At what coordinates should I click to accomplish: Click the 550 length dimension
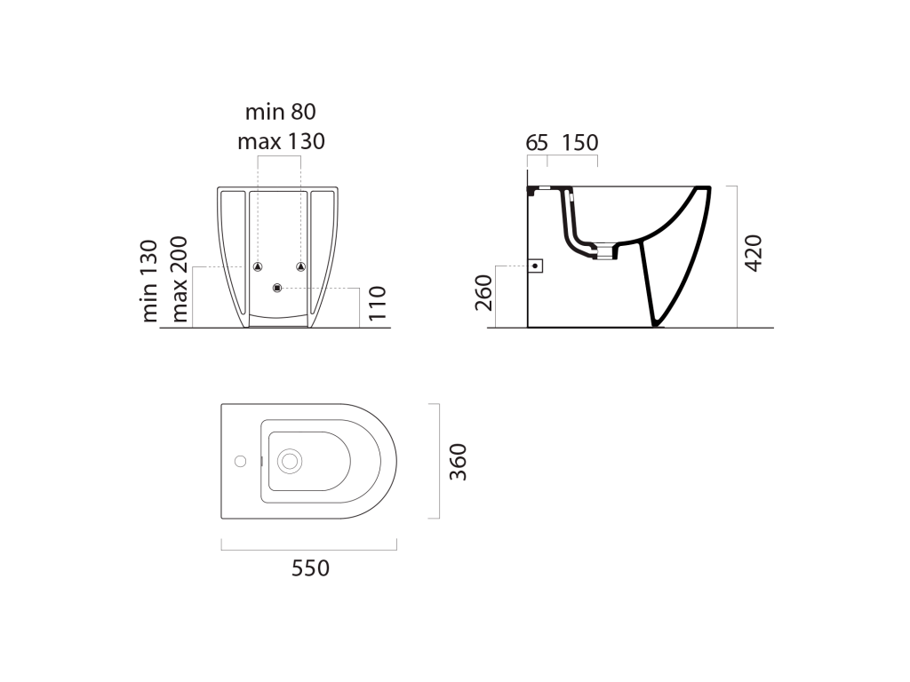(x=310, y=568)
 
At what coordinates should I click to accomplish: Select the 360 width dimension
(x=459, y=462)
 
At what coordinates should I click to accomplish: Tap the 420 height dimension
(x=754, y=253)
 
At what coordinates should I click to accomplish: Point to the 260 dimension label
(x=483, y=292)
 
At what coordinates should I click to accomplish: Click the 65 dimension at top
(x=537, y=143)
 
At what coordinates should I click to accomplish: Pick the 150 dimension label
(x=579, y=143)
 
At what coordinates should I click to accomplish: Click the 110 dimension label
(x=377, y=303)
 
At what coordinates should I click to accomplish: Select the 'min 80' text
(x=280, y=111)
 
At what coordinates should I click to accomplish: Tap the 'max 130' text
(x=281, y=141)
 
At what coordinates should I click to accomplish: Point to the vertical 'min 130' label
(x=149, y=281)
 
